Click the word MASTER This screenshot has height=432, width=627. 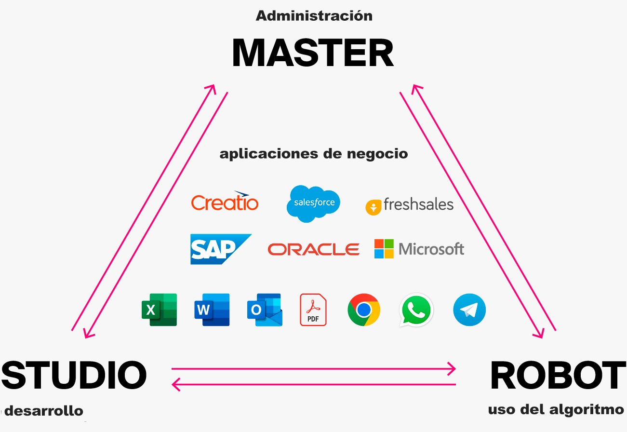pos(313,53)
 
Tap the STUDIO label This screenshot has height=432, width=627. pos(74,375)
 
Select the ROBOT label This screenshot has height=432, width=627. pos(558,376)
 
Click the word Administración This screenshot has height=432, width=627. pos(314,16)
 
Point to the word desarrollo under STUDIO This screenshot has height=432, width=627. pos(44,411)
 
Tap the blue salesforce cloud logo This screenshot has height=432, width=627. pos(314,203)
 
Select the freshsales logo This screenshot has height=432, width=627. pos(410,205)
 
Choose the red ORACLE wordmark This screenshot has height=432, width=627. pos(313,249)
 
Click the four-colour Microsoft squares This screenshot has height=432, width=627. pos(384,249)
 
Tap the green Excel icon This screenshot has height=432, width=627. pos(159,310)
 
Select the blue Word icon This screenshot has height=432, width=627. pos(212,310)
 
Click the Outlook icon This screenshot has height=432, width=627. pos(264,310)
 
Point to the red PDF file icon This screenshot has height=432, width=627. pos(313,310)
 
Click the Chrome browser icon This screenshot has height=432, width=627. pos(364,310)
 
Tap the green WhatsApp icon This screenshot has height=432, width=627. pos(416,310)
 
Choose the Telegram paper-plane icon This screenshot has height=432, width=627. pos(469,310)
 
